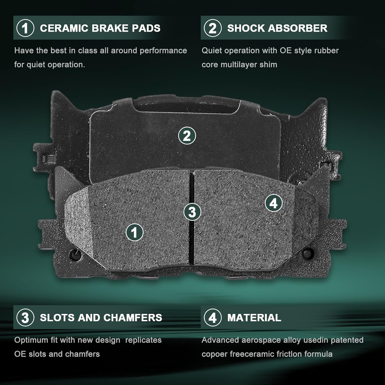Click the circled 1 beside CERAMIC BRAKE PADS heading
[25, 28]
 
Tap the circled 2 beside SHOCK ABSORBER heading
[213, 28]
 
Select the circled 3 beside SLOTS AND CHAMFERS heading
[25, 318]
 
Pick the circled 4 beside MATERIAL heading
[213, 318]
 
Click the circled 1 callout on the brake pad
[134, 232]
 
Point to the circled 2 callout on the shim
[187, 136]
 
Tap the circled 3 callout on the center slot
[192, 212]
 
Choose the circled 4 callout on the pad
[274, 203]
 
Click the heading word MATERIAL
[254, 318]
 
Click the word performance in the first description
[163, 51]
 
